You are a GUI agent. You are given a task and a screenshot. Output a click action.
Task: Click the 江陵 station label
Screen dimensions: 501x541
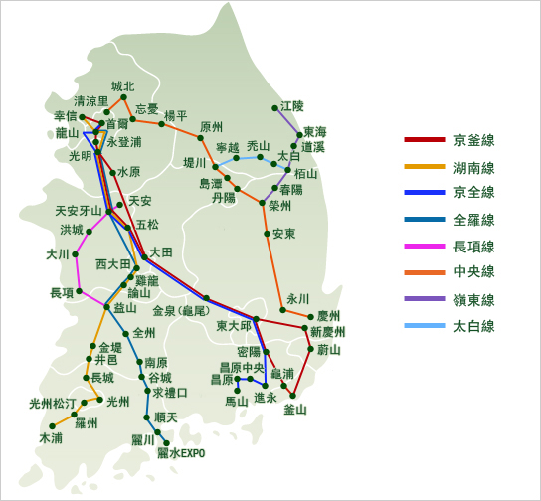(291, 105)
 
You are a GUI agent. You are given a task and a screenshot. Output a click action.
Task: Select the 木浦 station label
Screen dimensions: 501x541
(51, 437)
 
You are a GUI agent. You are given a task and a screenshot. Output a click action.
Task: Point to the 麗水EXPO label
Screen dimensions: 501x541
(181, 453)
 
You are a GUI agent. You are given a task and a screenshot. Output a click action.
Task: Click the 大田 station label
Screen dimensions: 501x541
(161, 252)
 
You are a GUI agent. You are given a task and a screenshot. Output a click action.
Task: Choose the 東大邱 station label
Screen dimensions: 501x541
(234, 325)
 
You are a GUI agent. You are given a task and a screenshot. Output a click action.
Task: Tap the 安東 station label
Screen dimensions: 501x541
(283, 234)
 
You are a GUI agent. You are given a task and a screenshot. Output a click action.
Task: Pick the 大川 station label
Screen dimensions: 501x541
(58, 254)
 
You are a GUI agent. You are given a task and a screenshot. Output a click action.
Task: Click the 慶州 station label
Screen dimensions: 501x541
(329, 315)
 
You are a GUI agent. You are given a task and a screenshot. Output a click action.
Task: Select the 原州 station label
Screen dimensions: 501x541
(212, 127)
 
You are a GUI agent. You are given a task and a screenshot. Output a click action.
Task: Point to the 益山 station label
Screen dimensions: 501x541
(125, 308)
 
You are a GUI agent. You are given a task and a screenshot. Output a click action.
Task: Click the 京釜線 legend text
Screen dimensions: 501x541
(474, 140)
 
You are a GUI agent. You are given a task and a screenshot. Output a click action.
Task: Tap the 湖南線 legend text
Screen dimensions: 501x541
(474, 167)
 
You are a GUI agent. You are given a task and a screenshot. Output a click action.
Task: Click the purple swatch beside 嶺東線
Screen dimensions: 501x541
(423, 299)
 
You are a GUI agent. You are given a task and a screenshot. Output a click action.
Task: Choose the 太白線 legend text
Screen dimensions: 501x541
(474, 326)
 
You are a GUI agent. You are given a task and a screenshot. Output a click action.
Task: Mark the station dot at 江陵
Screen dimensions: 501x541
(274, 107)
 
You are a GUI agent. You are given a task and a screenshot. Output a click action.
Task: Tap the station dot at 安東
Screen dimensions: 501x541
(267, 234)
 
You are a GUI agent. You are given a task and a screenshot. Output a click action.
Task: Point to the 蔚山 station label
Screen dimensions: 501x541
(329, 350)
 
